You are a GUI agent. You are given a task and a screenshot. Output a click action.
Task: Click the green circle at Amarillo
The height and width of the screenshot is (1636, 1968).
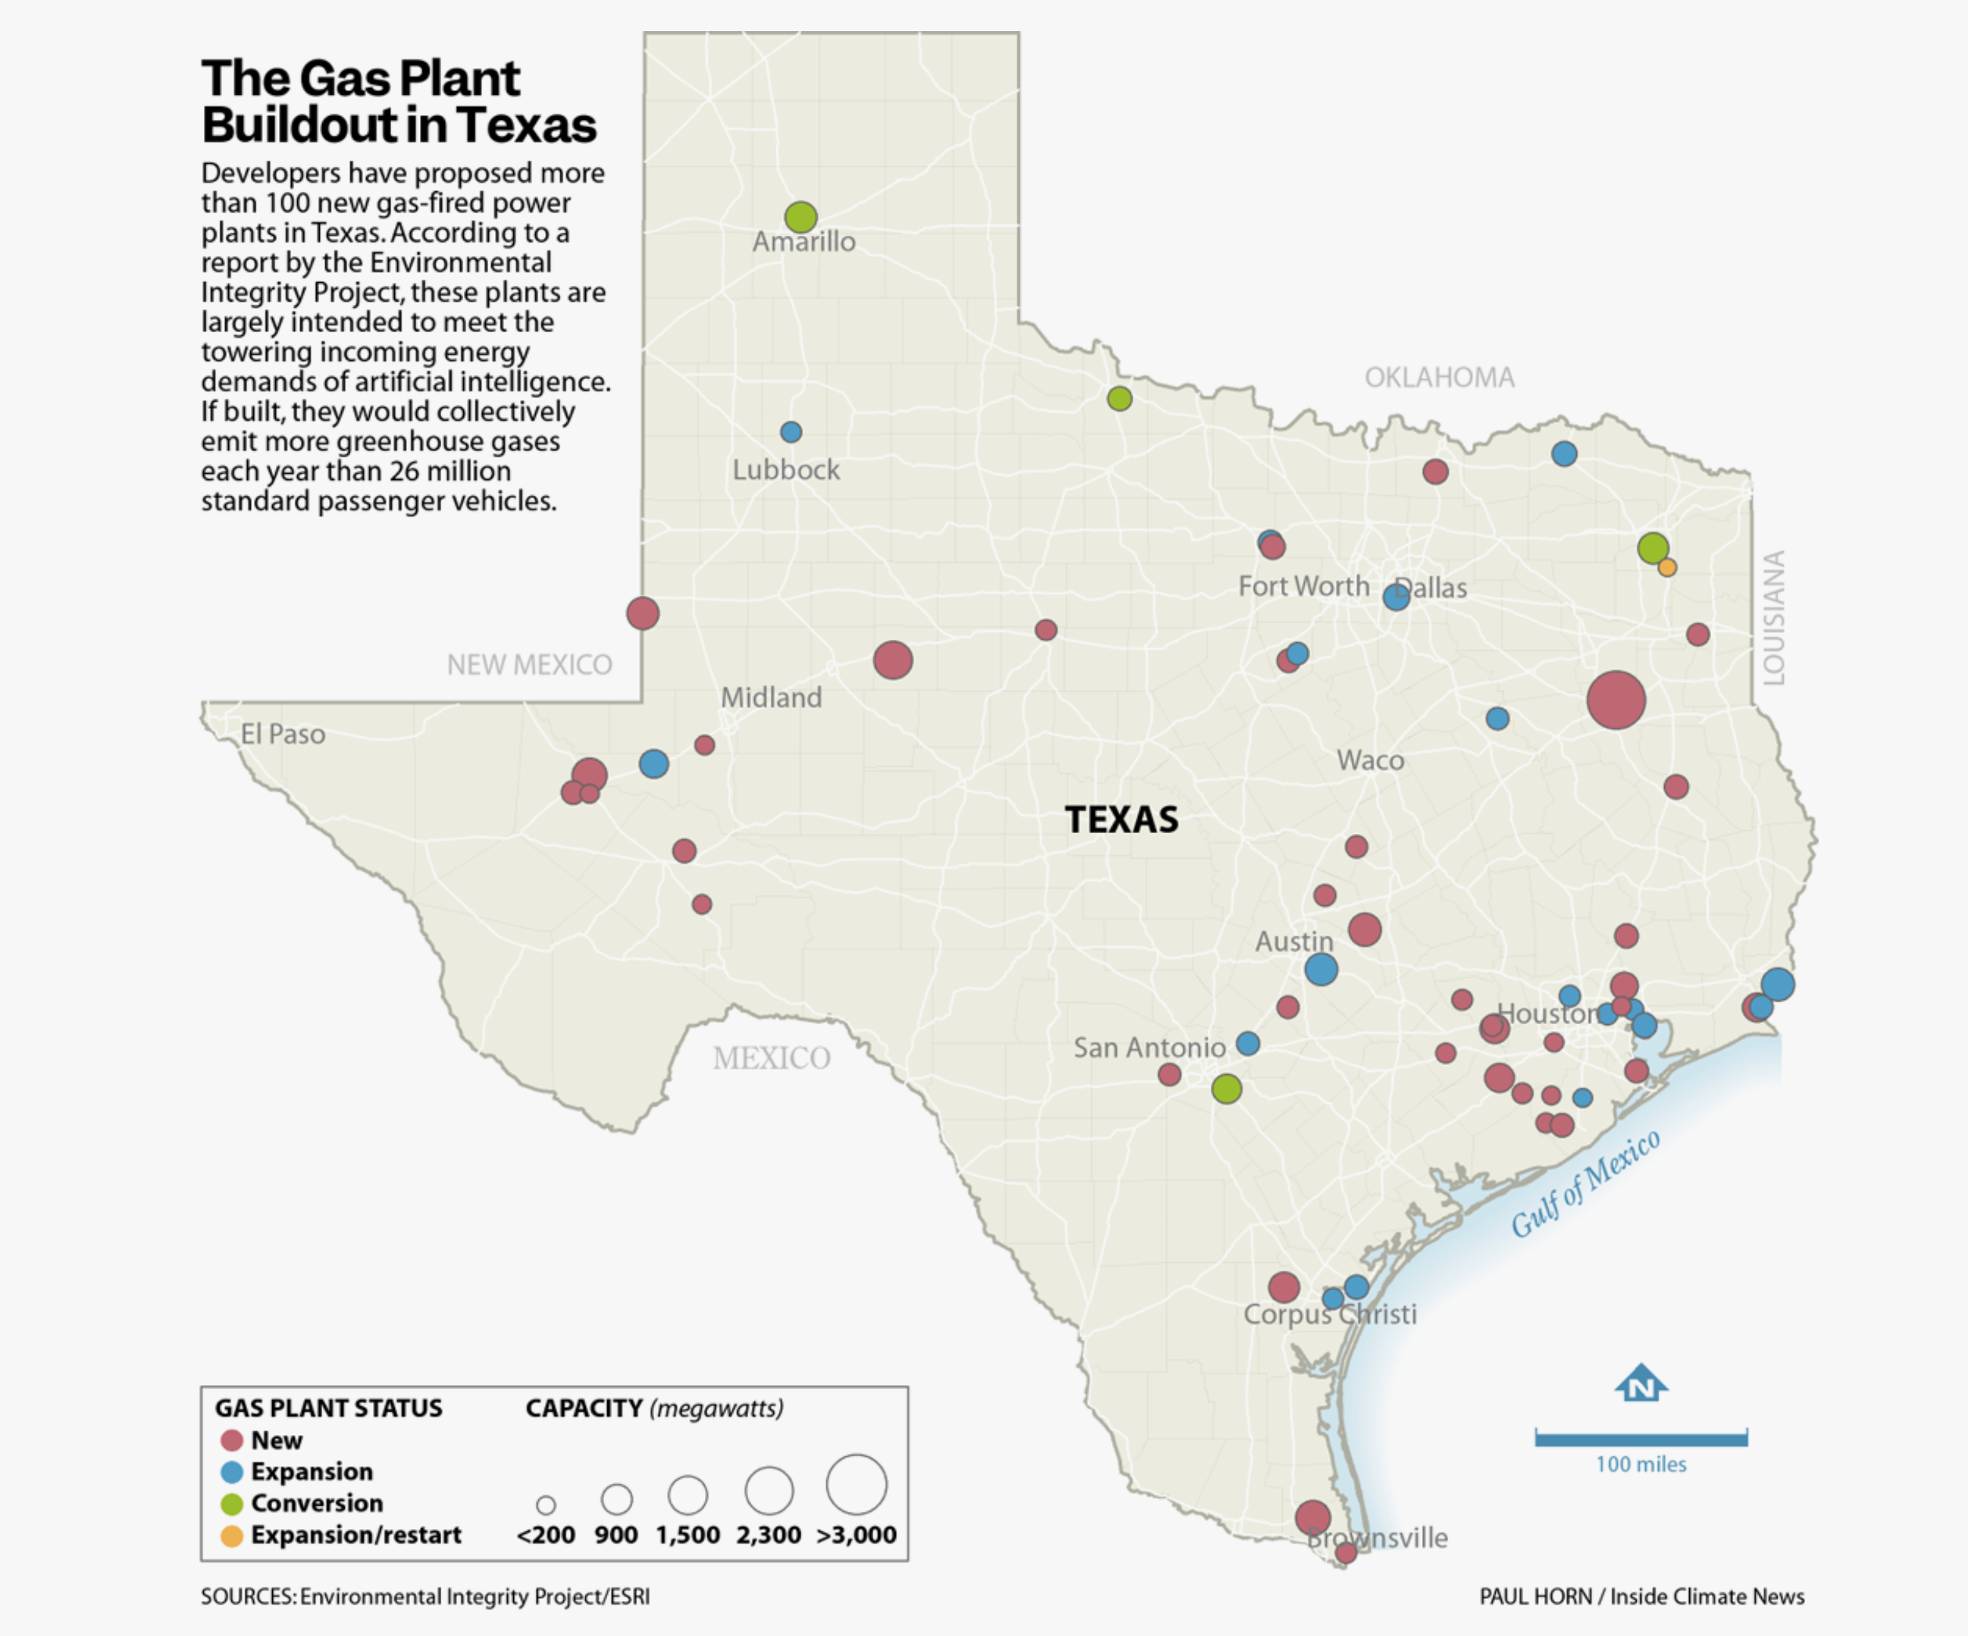(x=801, y=217)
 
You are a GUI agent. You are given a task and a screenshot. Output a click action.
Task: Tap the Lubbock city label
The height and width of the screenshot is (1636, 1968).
(x=785, y=469)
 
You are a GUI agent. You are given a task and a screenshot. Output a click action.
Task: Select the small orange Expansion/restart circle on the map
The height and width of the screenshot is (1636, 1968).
(x=1666, y=567)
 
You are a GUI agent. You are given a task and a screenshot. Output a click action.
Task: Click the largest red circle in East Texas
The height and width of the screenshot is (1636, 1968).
(x=1615, y=700)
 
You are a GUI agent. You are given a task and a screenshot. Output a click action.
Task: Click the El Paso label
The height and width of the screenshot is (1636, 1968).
(x=283, y=734)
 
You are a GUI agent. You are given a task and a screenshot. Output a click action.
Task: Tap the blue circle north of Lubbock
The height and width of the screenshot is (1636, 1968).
(x=791, y=432)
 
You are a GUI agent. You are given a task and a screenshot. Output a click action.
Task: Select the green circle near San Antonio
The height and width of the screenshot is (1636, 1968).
(x=1226, y=1088)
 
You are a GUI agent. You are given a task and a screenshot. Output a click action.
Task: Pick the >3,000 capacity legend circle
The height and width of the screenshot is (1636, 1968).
(x=856, y=1484)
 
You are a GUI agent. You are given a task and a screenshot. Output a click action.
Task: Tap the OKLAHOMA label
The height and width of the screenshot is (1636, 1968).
(x=1439, y=378)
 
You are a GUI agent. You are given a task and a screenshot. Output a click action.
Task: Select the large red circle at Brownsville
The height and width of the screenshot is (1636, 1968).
(x=1312, y=1517)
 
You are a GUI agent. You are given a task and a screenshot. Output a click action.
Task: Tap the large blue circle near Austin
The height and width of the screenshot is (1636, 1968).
(x=1321, y=969)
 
